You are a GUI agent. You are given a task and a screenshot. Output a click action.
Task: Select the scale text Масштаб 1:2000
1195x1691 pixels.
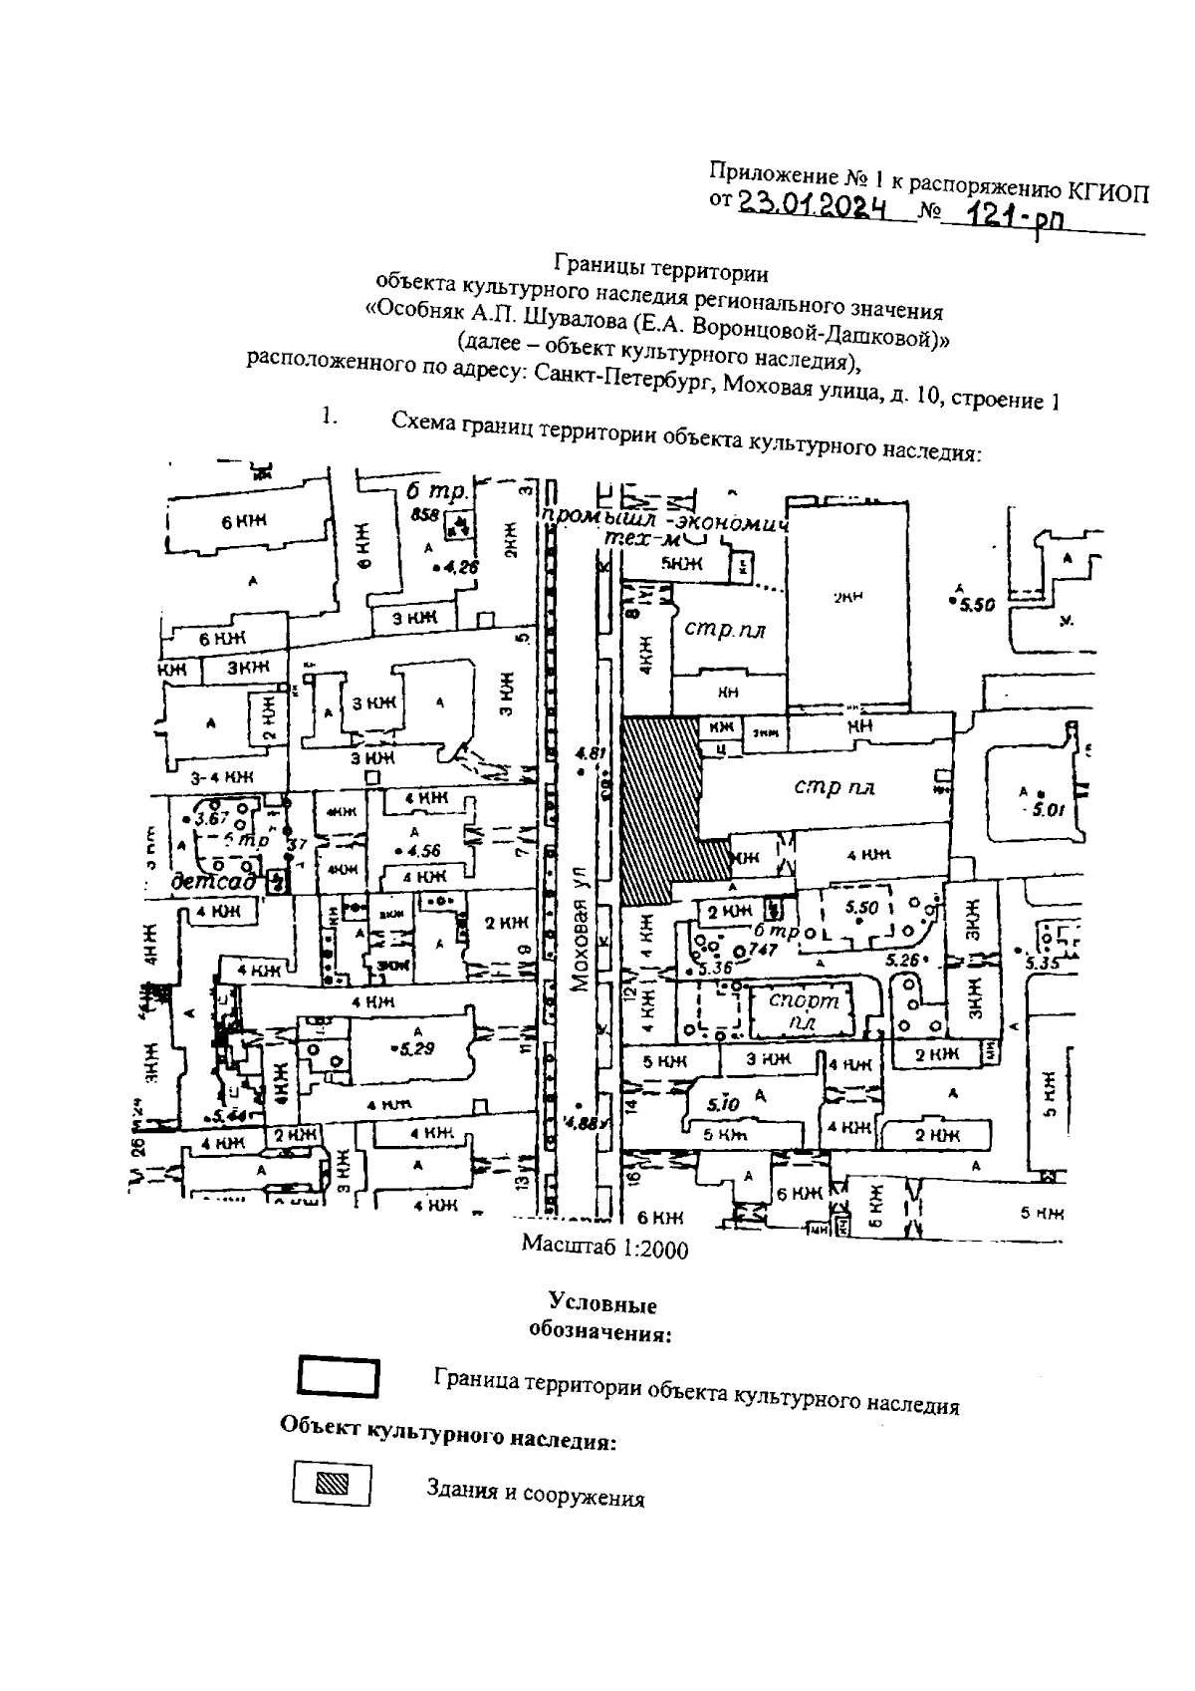coord(604,1248)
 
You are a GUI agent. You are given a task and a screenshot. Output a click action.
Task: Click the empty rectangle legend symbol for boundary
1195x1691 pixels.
coord(338,1376)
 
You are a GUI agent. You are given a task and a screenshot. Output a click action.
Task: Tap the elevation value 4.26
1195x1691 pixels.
coord(460,567)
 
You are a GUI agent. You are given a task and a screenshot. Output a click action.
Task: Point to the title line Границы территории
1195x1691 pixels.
coord(661,268)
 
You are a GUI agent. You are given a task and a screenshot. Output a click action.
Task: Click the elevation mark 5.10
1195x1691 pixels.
coord(722,1104)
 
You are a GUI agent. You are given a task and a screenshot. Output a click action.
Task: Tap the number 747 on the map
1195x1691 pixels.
coord(762,950)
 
